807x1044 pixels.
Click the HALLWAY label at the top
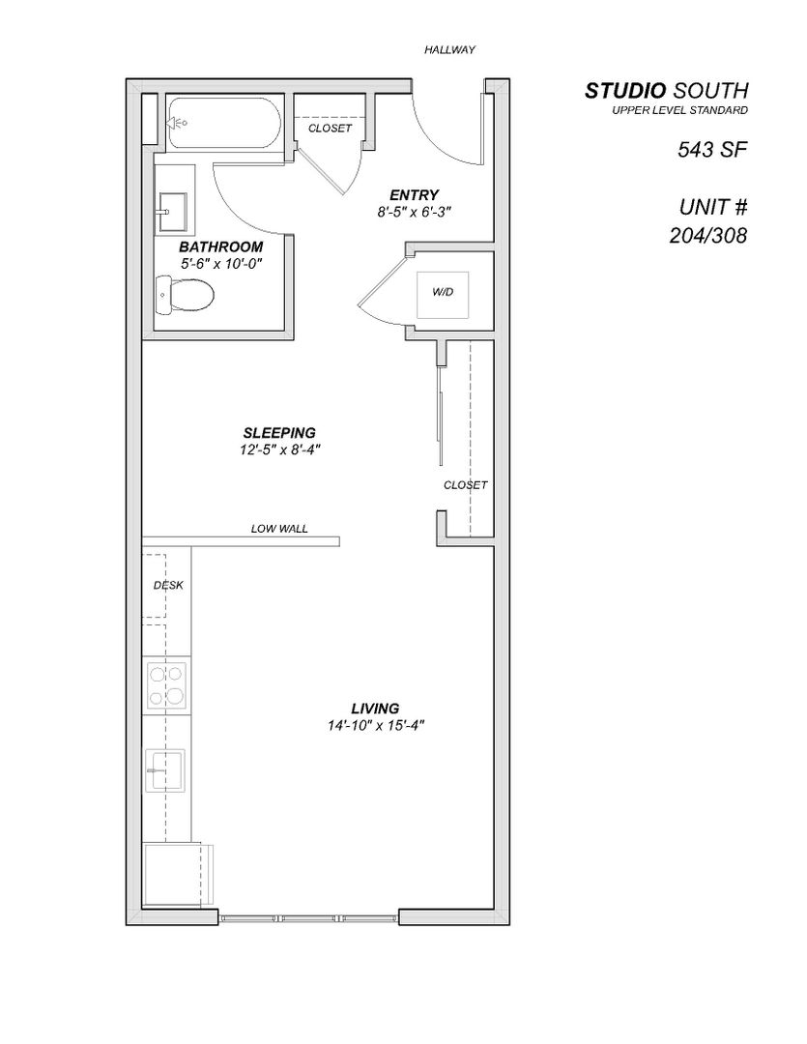[449, 49]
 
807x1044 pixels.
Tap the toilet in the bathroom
[185, 294]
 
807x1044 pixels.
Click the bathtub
[223, 123]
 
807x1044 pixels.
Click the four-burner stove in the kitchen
[166, 684]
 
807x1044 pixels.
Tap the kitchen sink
[165, 770]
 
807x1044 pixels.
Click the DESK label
[168, 585]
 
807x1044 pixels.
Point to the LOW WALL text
[279, 529]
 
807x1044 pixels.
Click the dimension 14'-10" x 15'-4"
[376, 726]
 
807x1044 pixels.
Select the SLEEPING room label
[279, 432]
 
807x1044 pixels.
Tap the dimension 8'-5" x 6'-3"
[415, 211]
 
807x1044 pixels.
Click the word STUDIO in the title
[625, 91]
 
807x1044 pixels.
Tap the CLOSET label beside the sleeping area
[465, 485]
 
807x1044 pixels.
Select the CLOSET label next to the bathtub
[330, 128]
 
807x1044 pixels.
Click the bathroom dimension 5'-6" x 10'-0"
[220, 263]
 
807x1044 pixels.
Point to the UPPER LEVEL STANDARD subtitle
[679, 111]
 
